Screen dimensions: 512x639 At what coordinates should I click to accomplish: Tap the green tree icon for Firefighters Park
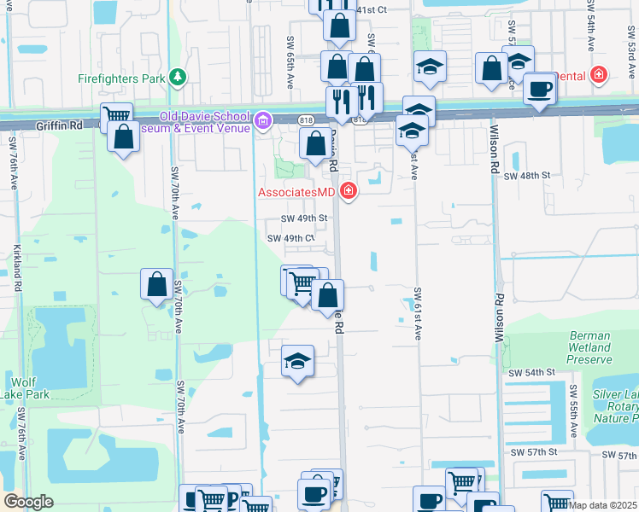click(177, 78)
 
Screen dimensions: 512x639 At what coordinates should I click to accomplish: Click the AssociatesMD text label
click(297, 191)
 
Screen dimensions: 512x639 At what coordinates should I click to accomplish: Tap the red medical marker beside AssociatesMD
click(348, 190)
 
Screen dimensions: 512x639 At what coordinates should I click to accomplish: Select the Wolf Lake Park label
click(30, 387)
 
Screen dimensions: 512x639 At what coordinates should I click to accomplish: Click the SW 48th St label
click(526, 176)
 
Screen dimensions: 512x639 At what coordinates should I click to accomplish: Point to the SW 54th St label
click(531, 373)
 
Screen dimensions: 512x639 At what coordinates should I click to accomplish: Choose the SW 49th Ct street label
click(292, 239)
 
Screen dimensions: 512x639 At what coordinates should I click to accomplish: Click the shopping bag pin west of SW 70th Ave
click(157, 286)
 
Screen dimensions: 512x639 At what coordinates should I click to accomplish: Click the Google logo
click(28, 502)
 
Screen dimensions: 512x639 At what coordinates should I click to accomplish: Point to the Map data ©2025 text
click(603, 505)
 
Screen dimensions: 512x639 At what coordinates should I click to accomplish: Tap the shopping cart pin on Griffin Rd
click(116, 117)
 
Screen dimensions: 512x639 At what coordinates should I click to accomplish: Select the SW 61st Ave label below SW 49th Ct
click(419, 311)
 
